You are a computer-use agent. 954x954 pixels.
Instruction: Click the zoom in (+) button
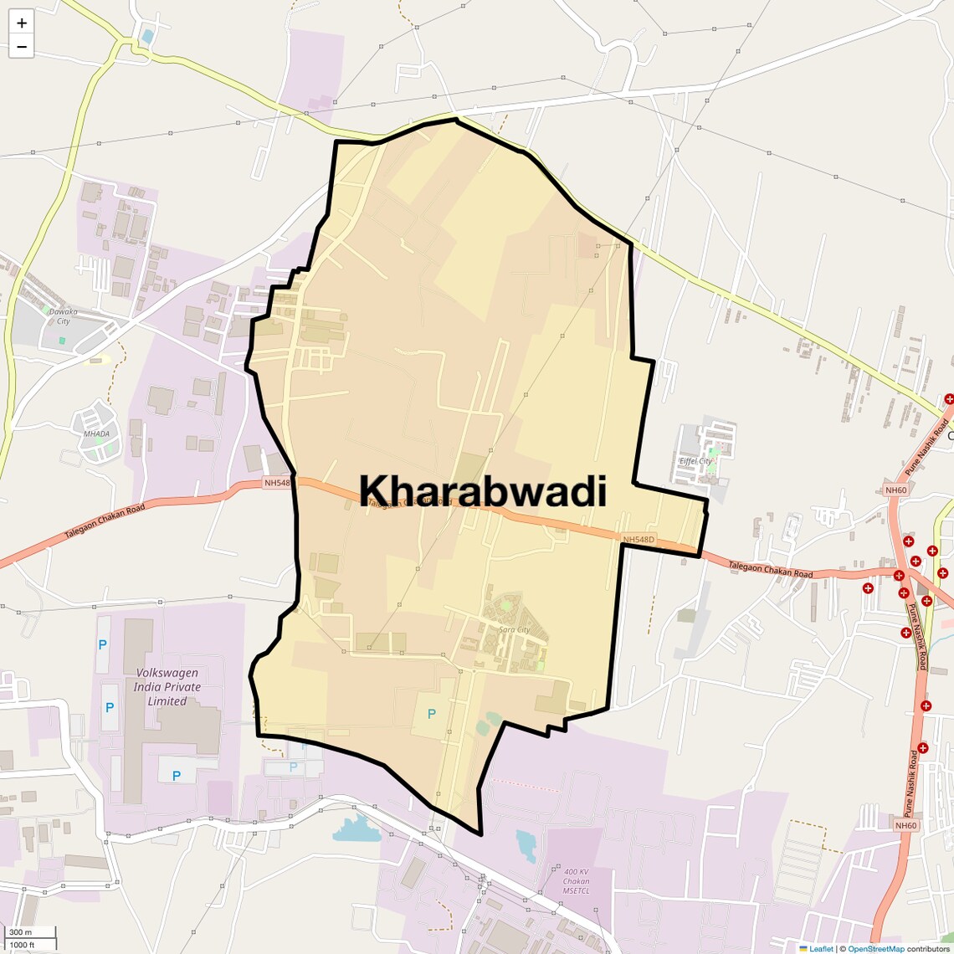(x=22, y=23)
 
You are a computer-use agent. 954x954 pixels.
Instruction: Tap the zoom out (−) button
(x=22, y=47)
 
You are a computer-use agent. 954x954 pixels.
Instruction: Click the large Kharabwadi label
(x=483, y=491)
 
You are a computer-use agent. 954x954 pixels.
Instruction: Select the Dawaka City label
(x=63, y=315)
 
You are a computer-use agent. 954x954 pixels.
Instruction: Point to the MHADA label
(x=96, y=433)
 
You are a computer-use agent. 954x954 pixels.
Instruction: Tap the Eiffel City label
(x=695, y=461)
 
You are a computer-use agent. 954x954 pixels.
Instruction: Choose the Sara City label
(x=514, y=629)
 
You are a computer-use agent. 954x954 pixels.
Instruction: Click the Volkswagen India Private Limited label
(x=167, y=686)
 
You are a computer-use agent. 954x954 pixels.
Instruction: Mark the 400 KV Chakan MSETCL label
(x=576, y=881)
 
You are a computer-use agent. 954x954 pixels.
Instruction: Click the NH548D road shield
(x=639, y=540)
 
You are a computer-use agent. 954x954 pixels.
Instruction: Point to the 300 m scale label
(x=20, y=932)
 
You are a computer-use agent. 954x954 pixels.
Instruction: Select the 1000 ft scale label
(x=22, y=945)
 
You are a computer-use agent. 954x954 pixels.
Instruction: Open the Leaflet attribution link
(x=821, y=949)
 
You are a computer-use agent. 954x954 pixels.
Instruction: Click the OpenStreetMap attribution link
(x=875, y=949)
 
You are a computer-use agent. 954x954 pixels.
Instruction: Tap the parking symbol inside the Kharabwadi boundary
(x=432, y=714)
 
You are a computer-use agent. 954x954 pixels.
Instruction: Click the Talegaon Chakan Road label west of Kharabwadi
(x=105, y=521)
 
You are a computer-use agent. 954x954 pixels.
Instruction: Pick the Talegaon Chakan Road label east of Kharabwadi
(x=770, y=569)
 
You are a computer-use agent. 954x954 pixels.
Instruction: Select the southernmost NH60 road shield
(x=905, y=826)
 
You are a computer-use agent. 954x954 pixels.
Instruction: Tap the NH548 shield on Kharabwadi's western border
(x=277, y=483)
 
